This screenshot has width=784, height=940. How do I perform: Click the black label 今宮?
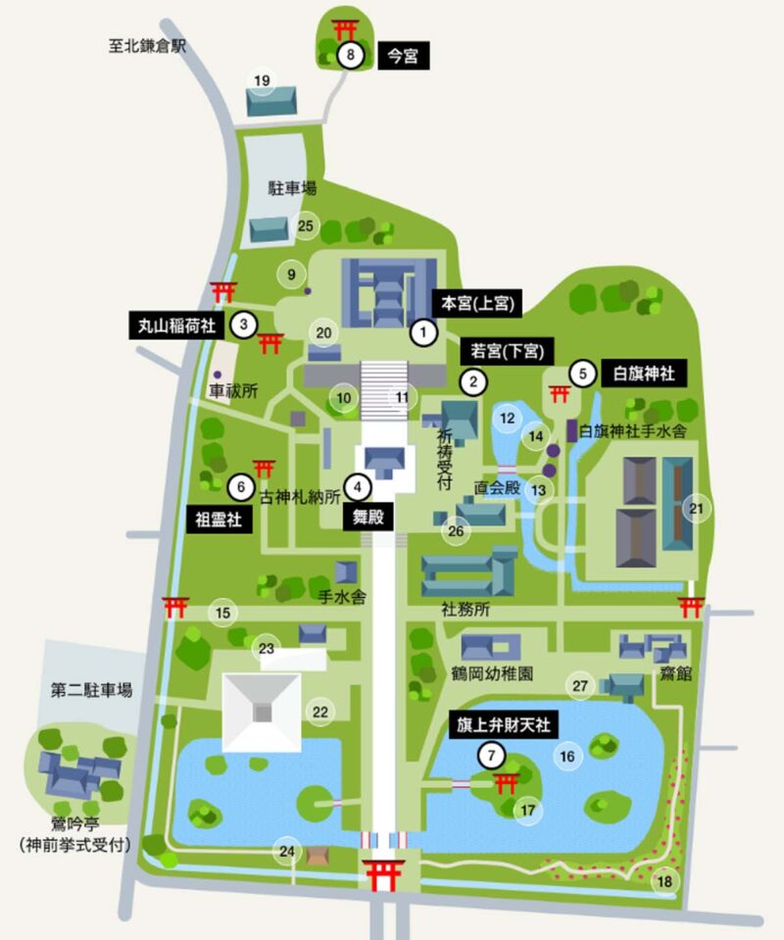[x=403, y=57]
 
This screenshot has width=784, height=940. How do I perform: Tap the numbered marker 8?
[x=350, y=56]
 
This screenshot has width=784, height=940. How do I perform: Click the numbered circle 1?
[x=423, y=333]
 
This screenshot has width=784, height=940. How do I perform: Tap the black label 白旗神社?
[x=643, y=372]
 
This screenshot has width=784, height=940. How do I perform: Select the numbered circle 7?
[x=491, y=756]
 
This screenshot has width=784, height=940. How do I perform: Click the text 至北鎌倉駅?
[x=148, y=44]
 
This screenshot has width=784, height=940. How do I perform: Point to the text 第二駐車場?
[x=91, y=690]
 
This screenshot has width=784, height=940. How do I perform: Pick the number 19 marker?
[x=262, y=80]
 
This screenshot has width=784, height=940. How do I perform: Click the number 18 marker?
[x=665, y=881]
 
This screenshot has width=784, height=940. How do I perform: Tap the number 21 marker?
[x=696, y=508]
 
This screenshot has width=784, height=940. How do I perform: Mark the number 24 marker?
[x=287, y=850]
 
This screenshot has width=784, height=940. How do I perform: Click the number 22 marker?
[x=320, y=712]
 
